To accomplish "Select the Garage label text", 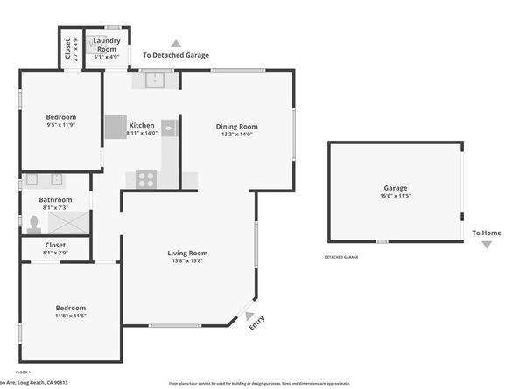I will tap(396, 188).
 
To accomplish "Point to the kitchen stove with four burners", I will tap(145, 180).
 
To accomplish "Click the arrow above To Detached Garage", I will tap(176, 43).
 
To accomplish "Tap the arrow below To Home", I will tap(487, 245).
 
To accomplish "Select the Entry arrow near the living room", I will tap(249, 316).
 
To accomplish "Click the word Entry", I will tap(256, 323).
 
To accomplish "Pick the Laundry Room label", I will tap(107, 45).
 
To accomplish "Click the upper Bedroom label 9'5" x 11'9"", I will tap(61, 117).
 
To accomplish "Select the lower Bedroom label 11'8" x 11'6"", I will tap(71, 309).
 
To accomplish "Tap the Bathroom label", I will tap(54, 199).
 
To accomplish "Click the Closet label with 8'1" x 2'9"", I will tap(55, 245).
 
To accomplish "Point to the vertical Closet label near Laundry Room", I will tap(68, 48).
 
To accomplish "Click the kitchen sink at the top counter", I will tap(155, 80).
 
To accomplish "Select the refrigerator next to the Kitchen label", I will tap(115, 129).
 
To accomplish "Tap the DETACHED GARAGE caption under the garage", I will tap(341, 257).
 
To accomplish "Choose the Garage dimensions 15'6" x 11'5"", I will tap(396, 196).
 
